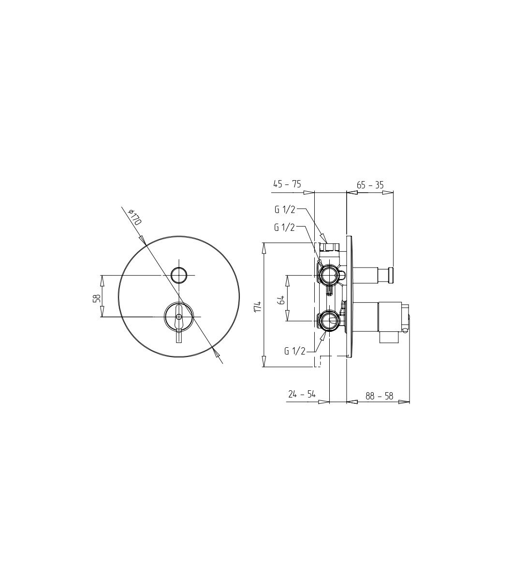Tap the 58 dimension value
coord(96,298)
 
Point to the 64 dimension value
coord(281,299)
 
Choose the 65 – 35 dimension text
coord(370,185)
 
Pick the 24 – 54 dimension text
coord(302,394)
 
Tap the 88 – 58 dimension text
coord(379,396)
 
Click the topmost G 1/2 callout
coord(285,210)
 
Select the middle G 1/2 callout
coord(284,227)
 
